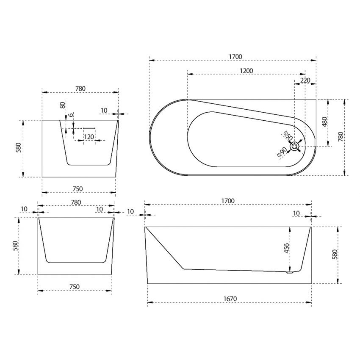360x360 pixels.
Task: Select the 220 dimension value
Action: click(x=305, y=80)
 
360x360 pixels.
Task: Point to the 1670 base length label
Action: click(x=229, y=299)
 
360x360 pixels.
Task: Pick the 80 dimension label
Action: click(x=62, y=105)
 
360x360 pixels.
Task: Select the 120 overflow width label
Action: click(x=89, y=137)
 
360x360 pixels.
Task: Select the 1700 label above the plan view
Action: click(x=234, y=57)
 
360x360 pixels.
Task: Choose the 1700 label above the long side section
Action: click(x=228, y=201)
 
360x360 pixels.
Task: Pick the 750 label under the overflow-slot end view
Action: click(x=78, y=189)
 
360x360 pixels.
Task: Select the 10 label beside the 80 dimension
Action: click(x=104, y=111)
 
